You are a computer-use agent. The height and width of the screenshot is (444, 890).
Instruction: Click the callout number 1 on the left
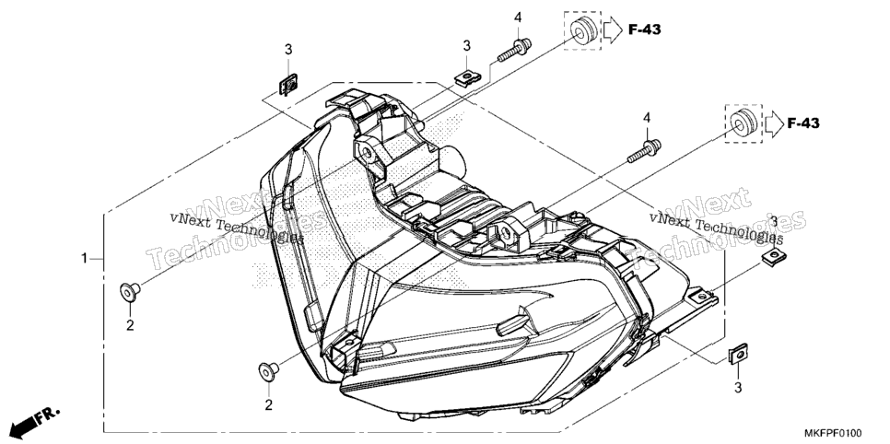84,259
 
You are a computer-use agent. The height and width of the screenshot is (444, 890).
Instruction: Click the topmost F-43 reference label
644,29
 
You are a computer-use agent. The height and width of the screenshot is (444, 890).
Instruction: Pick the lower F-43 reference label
803,123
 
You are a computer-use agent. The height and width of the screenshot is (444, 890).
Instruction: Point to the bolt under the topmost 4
514,50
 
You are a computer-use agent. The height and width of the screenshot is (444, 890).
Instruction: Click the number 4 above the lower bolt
647,118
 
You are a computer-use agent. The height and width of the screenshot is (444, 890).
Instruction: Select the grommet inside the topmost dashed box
581,29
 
